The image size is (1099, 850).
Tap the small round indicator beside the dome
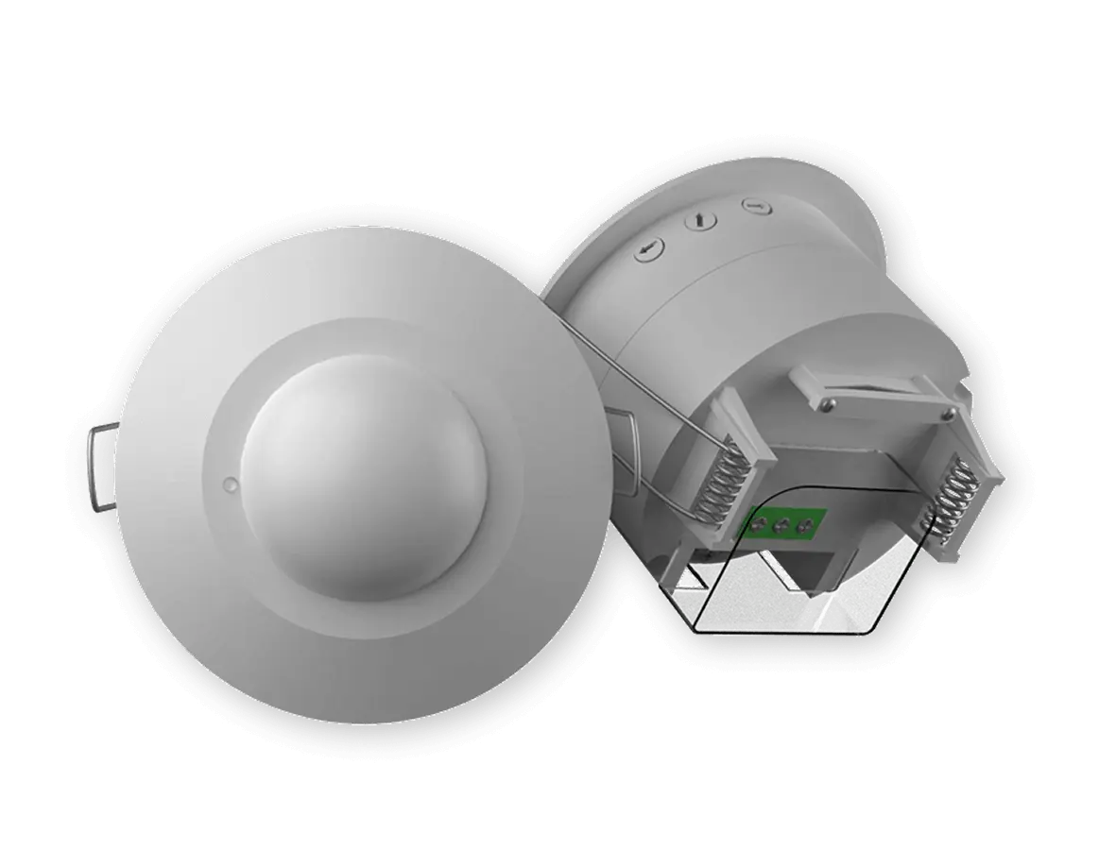(231, 484)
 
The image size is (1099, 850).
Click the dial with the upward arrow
(700, 221)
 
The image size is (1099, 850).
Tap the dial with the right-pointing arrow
(753, 206)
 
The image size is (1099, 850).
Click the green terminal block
(781, 524)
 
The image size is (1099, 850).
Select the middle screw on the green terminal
(782, 525)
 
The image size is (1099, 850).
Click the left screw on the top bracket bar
(828, 406)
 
